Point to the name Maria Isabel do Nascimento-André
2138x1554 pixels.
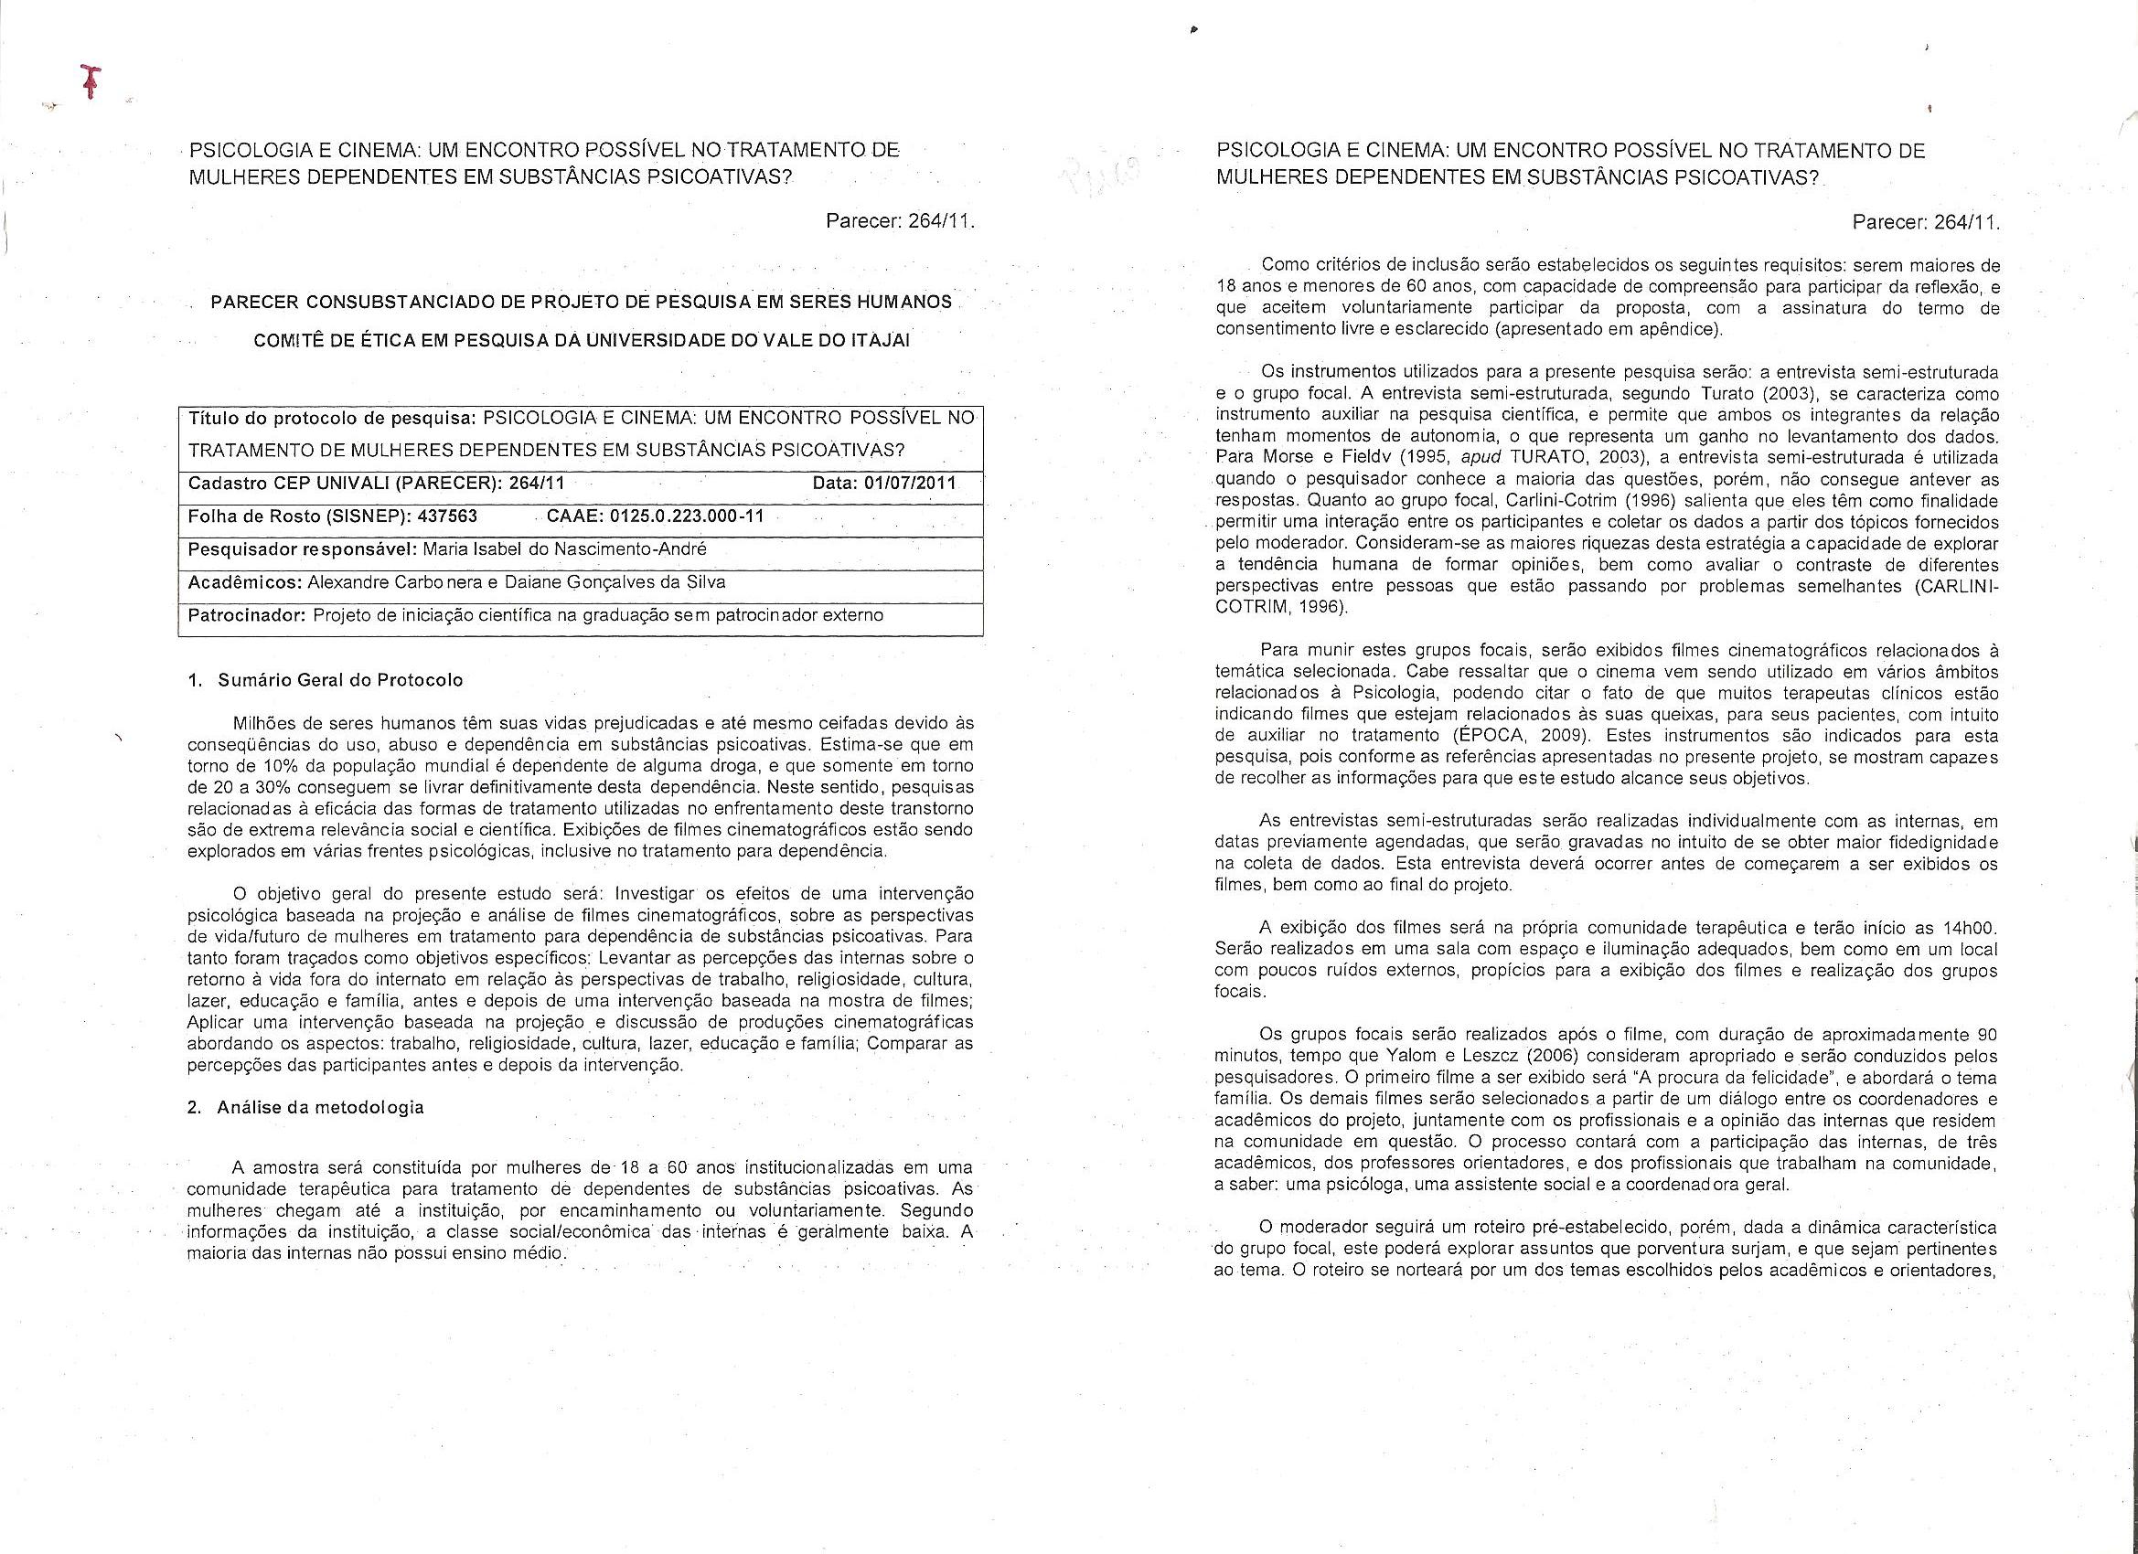point(564,549)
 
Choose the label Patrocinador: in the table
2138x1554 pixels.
point(247,615)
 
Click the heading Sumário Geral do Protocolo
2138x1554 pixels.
point(339,680)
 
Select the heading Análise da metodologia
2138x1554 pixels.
point(320,1107)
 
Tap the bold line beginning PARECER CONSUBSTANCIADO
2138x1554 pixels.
point(581,303)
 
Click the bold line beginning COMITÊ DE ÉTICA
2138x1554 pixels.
point(582,341)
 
